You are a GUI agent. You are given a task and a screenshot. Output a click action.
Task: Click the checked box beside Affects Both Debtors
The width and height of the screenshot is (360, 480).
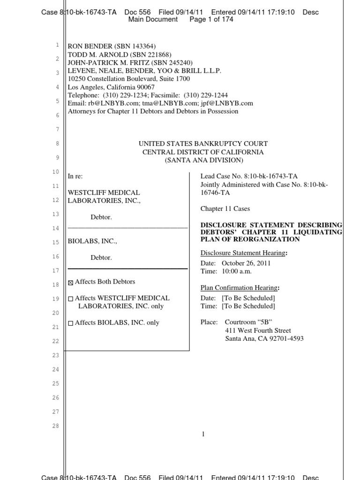71,283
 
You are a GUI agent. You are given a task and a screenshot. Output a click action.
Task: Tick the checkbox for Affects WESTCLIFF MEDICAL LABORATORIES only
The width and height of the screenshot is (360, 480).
71,299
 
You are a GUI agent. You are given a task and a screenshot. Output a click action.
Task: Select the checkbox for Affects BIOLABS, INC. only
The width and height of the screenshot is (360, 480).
71,323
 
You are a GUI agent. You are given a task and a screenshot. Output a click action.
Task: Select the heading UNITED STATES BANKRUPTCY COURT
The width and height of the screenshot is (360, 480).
203,144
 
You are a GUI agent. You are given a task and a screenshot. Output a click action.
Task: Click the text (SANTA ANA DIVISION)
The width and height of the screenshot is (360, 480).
203,160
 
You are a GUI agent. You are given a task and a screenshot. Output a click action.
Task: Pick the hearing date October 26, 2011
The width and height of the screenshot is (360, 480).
246,263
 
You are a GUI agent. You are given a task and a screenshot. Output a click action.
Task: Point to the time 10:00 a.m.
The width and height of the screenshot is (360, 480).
237,271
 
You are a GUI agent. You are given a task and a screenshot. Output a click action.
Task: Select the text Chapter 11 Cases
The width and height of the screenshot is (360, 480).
225,209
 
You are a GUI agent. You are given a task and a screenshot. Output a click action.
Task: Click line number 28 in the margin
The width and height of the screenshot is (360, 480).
56,426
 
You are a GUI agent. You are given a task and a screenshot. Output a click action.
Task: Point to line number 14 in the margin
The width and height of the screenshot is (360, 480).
56,228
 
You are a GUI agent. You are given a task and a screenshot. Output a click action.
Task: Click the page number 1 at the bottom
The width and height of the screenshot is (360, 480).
203,435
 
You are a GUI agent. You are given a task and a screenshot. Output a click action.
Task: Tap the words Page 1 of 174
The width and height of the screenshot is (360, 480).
211,20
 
